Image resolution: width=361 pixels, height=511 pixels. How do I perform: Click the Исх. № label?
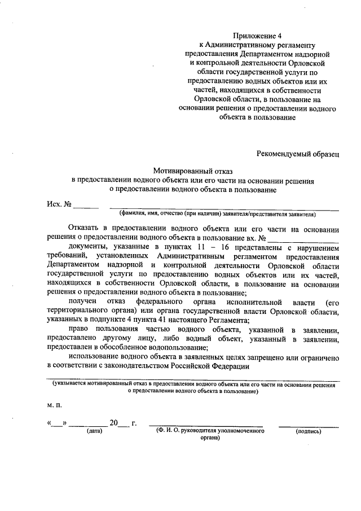tap(58, 204)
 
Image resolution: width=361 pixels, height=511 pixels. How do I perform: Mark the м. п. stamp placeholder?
tap(54, 405)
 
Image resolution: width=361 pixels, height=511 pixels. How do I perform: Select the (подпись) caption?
tap(308, 431)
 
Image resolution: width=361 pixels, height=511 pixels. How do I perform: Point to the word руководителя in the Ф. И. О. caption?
tap(200, 431)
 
